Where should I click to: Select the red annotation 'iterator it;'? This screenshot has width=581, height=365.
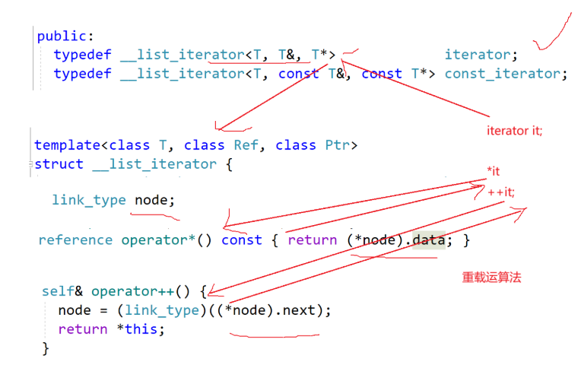[514, 130]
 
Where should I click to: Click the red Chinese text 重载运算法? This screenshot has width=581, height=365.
[491, 278]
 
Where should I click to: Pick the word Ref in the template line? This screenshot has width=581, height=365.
[249, 144]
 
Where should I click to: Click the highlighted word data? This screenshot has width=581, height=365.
[427, 240]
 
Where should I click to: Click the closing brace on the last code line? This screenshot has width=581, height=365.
[46, 348]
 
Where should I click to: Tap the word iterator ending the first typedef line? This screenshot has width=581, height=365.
[478, 54]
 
